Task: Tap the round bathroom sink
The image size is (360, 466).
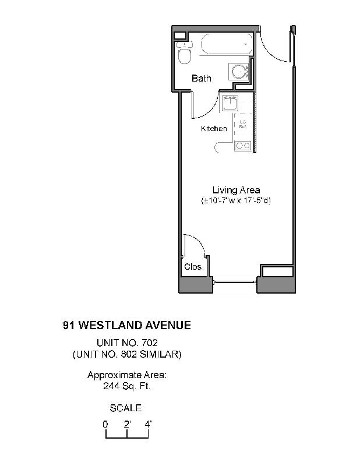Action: coord(238,72)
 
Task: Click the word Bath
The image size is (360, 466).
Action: coord(202,78)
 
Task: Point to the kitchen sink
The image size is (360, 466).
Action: coord(231,103)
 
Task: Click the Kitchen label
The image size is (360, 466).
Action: coord(214,128)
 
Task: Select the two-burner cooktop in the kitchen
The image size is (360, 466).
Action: coord(242,146)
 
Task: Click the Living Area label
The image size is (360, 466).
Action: coord(236,190)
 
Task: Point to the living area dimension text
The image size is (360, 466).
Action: coord(236,201)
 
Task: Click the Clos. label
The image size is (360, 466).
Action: coord(193,267)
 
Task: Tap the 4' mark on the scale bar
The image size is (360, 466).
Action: coord(148,425)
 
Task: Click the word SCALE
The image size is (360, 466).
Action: coord(126,407)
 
